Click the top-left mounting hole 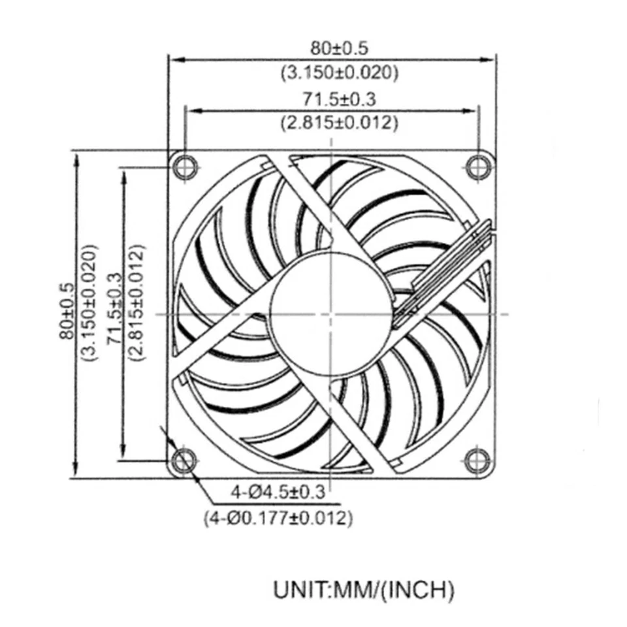tap(184, 167)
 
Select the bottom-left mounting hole tap(184, 460)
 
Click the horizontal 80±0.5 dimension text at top tap(339, 48)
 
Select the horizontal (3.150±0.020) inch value tap(339, 72)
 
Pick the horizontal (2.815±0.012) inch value tap(339, 122)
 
